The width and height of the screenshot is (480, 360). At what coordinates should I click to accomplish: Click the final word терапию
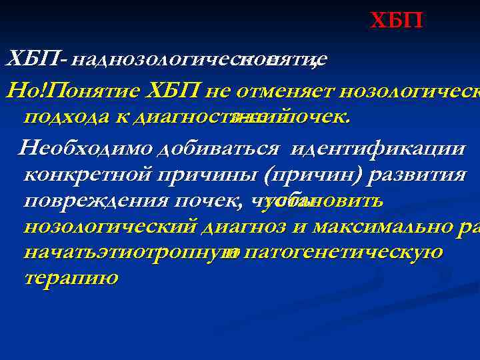coord(70,278)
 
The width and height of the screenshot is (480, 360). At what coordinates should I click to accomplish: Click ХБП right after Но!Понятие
coord(175,90)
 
